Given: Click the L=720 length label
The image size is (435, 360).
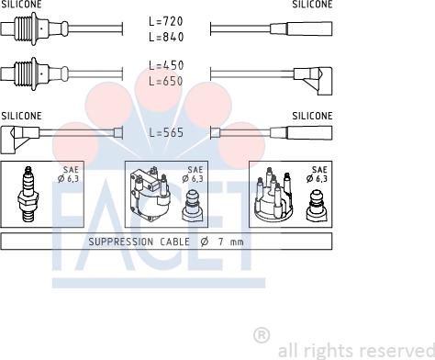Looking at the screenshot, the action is (x=166, y=21).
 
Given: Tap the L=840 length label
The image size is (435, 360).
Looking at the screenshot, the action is (x=166, y=37).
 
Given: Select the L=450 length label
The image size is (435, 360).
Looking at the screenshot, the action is (x=166, y=65).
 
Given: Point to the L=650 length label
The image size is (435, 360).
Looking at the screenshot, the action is (x=166, y=81).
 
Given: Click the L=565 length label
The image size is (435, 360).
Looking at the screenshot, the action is (x=166, y=132).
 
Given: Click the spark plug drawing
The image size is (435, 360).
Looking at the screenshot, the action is (x=28, y=194).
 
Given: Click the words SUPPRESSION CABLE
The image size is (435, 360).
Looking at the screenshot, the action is (x=139, y=242).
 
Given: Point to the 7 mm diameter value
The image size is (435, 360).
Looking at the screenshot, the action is (x=231, y=242).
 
